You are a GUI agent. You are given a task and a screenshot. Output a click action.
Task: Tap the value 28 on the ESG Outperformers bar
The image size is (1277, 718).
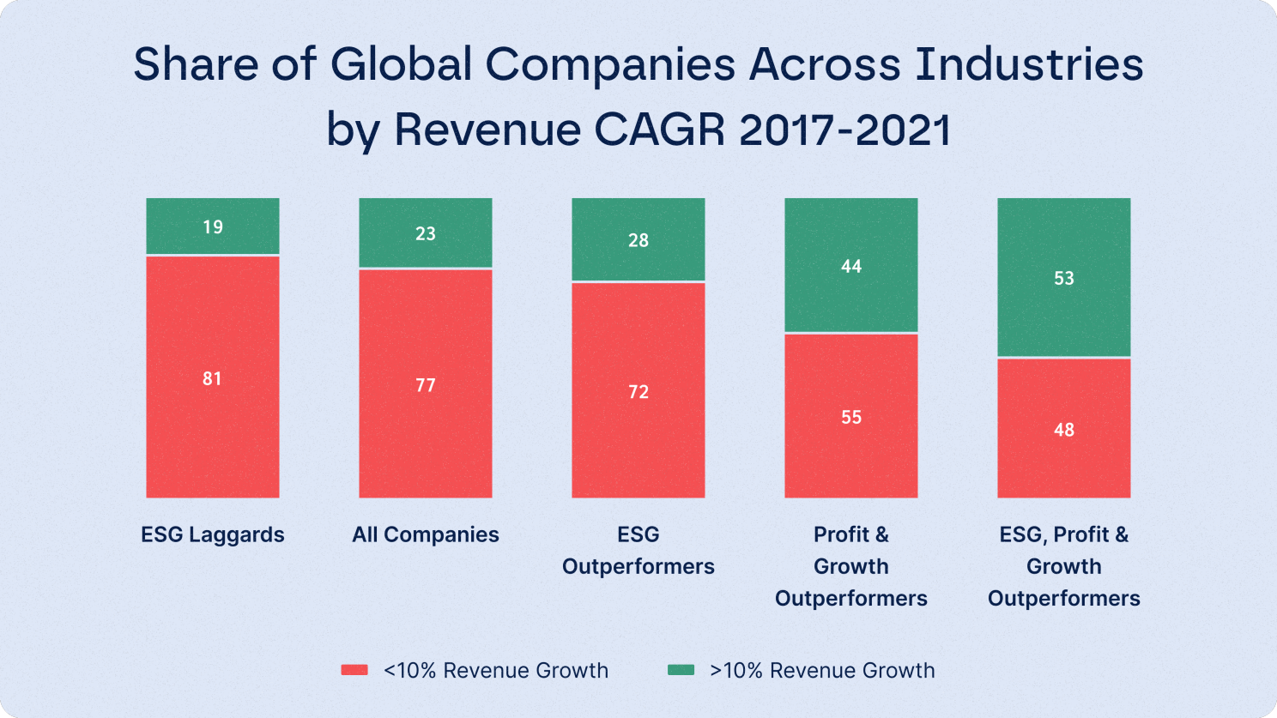(x=638, y=240)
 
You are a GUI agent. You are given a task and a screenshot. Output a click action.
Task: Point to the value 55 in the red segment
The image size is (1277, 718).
(x=851, y=418)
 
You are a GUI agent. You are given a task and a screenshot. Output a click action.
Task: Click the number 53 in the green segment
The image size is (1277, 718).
(x=1064, y=278)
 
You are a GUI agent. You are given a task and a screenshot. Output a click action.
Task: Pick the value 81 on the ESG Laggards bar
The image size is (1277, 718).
(x=213, y=378)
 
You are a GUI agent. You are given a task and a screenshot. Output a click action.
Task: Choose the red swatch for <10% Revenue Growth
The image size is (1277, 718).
(x=354, y=670)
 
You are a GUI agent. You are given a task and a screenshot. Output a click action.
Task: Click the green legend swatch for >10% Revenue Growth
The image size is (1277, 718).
(x=681, y=670)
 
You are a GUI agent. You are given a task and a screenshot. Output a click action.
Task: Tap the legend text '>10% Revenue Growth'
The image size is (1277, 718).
(x=822, y=671)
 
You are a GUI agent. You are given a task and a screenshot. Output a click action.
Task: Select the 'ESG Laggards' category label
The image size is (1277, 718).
(x=213, y=534)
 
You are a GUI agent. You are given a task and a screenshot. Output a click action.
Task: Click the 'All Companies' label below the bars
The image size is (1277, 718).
(x=426, y=534)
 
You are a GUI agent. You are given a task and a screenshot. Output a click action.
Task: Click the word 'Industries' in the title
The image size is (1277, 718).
(x=1029, y=64)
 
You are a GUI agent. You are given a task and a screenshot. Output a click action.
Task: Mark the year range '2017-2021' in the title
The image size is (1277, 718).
(x=844, y=130)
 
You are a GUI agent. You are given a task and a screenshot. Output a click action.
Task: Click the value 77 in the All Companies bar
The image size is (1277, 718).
(x=426, y=385)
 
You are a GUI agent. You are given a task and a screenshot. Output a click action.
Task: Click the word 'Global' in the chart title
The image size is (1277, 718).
(x=401, y=64)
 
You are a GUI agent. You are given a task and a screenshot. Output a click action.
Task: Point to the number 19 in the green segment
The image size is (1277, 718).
(x=213, y=226)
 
